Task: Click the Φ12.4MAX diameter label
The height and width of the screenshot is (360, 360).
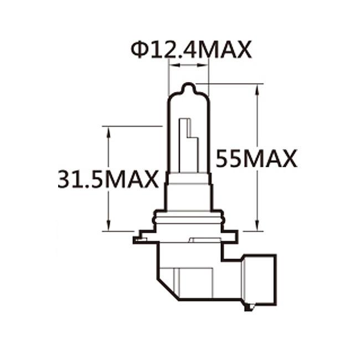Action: (x=192, y=50)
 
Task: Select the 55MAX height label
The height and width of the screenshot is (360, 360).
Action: (x=256, y=159)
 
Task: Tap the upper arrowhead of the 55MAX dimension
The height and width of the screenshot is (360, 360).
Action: (x=258, y=89)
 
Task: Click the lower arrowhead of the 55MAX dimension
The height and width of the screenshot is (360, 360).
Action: (x=258, y=225)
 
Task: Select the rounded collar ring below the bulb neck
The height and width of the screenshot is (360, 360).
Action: (x=188, y=216)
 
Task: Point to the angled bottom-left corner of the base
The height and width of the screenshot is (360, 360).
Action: (x=166, y=288)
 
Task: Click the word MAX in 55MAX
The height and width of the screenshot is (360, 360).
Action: (x=271, y=159)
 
